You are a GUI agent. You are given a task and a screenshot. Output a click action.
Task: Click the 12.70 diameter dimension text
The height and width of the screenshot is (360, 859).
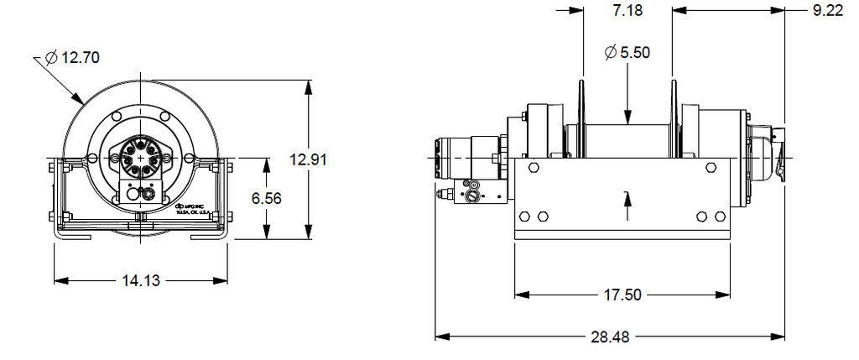81,58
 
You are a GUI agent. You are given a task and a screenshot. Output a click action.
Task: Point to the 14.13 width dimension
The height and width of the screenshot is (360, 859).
141,280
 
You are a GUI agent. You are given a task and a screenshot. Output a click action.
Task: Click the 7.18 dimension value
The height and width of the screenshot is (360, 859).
627,10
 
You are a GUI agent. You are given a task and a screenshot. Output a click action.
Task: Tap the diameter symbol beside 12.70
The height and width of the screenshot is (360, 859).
50,58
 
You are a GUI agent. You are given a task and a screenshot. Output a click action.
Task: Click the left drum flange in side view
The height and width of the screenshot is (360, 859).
580,117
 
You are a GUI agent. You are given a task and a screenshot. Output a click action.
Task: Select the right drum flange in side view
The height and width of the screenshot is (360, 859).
673,117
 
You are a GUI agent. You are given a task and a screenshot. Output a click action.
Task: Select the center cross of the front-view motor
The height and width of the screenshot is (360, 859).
139,158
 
